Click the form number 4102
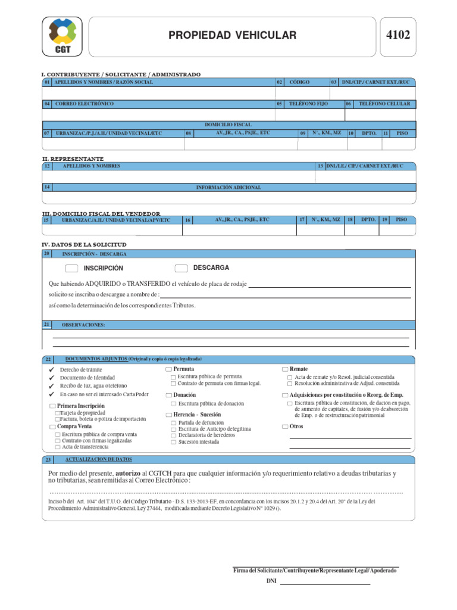tap(398, 36)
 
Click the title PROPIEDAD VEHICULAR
tap(232, 36)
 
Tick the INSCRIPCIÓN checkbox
tap(71, 268)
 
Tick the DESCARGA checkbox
tap(181, 268)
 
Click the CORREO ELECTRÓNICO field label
tap(84, 104)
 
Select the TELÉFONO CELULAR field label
tap(384, 104)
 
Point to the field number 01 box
tap(47, 82)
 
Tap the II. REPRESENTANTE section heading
tap(73, 159)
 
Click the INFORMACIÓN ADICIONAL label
tap(228, 187)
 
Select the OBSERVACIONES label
tap(83, 325)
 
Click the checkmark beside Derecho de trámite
tap(51, 370)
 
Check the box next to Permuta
tap(168, 369)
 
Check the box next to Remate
tap(285, 369)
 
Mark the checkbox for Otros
tap(285, 427)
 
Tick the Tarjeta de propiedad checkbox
tap(57, 413)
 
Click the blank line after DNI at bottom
tap(325, 583)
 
